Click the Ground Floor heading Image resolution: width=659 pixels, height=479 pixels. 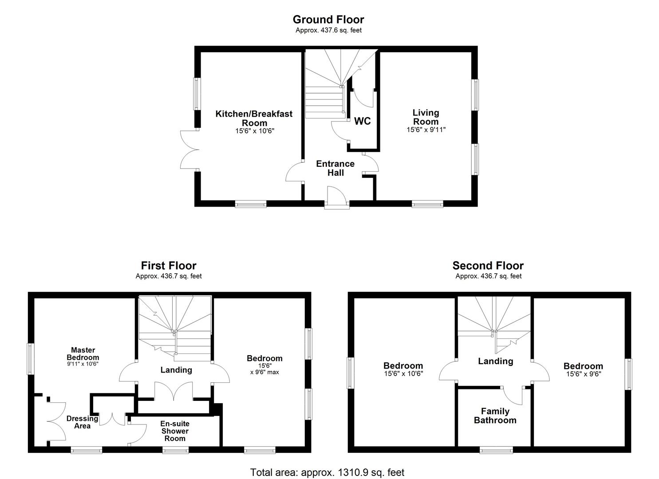(x=328, y=20)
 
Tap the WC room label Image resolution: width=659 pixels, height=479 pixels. (x=362, y=122)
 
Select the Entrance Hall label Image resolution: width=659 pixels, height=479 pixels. (x=335, y=168)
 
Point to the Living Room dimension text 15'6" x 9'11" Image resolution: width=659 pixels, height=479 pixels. (x=426, y=130)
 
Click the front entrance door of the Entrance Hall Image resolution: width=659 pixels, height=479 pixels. (x=336, y=197)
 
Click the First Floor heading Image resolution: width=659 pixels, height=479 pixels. (x=169, y=266)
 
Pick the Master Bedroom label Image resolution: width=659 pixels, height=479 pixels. (x=83, y=353)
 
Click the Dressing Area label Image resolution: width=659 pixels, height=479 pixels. (x=82, y=422)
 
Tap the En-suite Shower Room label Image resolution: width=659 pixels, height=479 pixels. (x=175, y=431)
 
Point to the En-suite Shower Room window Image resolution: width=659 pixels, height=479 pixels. (x=175, y=450)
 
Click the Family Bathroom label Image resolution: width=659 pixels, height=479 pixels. (x=495, y=416)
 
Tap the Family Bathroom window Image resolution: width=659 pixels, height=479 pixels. (x=496, y=450)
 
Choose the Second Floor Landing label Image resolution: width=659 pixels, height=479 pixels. (x=495, y=361)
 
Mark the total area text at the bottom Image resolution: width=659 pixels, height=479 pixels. (x=327, y=472)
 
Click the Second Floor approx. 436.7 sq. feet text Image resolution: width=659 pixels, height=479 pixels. (x=488, y=276)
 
